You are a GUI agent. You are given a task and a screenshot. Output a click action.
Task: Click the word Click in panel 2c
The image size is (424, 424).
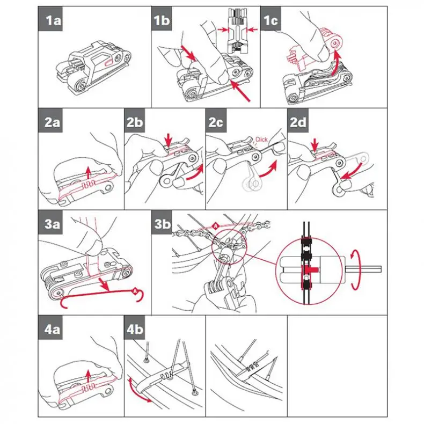pyautogui.click(x=261, y=140)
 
